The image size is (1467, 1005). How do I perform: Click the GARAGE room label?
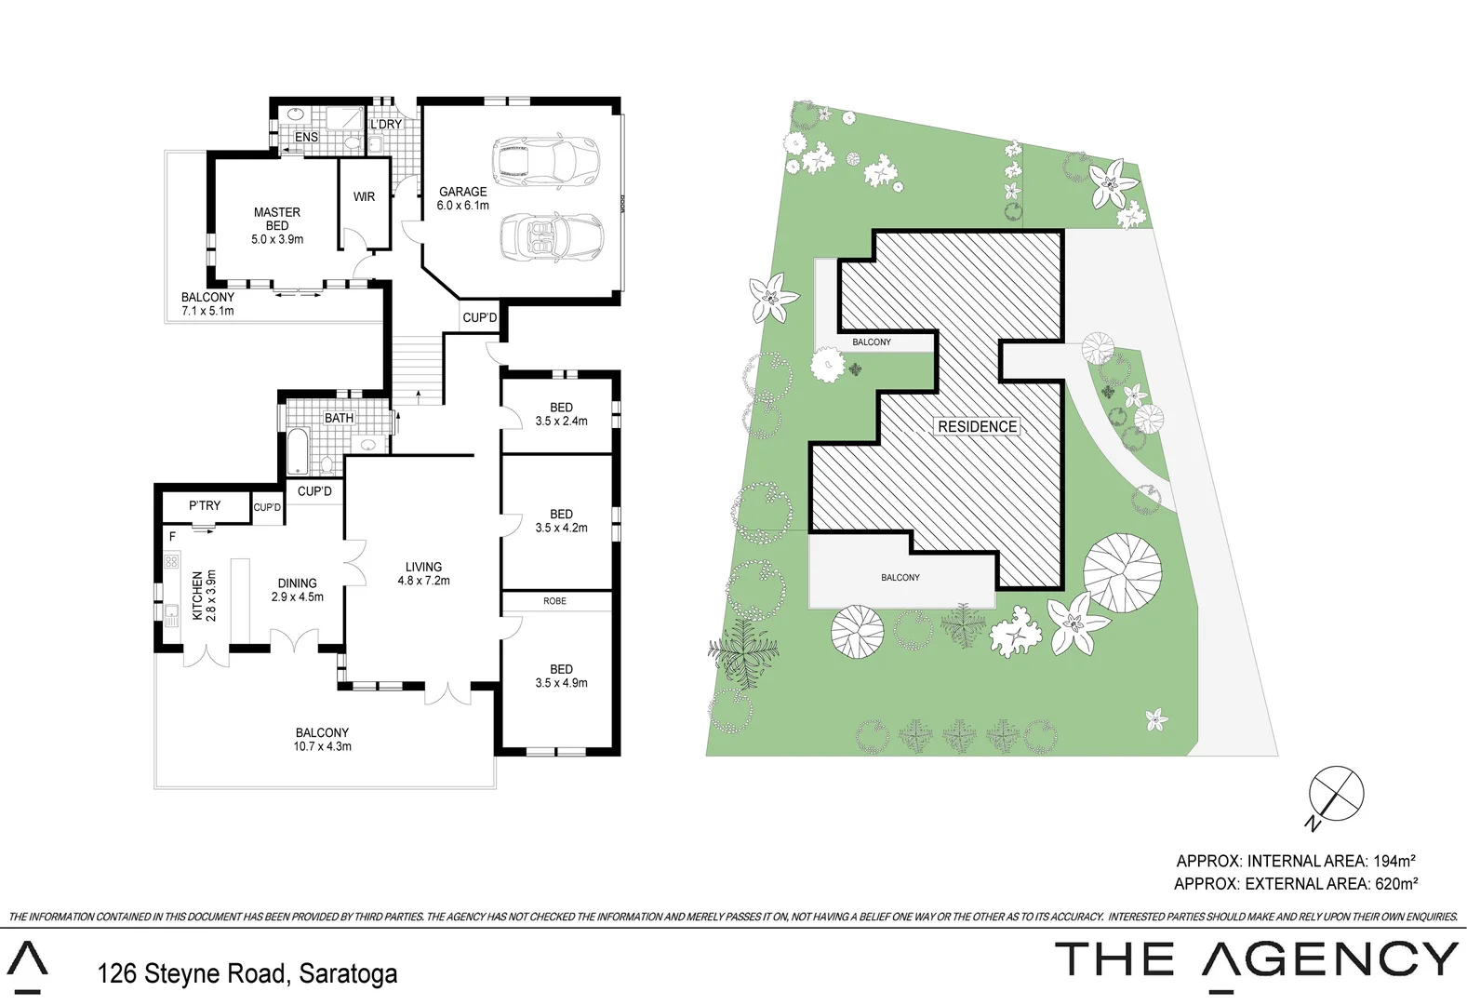point(463,192)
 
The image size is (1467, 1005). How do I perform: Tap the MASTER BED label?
point(277,219)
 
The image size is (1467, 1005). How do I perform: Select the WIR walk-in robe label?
point(364,196)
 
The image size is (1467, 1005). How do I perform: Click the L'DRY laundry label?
point(386,125)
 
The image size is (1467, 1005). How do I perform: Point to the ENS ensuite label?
point(306,137)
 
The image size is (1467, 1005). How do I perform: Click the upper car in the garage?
point(544,160)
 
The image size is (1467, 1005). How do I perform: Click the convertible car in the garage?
point(551,236)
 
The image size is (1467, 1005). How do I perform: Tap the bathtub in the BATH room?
point(298,451)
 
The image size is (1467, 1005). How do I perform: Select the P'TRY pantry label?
point(205,505)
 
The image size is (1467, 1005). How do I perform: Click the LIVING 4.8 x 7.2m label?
point(423,573)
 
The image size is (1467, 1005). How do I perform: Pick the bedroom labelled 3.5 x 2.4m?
point(561,414)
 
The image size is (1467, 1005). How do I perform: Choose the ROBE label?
point(554,601)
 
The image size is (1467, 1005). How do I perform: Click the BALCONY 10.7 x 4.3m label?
point(322,739)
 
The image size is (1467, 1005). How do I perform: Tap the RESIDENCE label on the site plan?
point(977,426)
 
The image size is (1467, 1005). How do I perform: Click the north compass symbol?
point(1336,795)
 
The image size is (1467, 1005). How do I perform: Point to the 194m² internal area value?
point(1394,861)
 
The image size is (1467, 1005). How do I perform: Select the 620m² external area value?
point(1395,883)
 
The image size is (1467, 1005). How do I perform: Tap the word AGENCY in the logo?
point(1330,959)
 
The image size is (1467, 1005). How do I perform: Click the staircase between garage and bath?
point(416,368)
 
